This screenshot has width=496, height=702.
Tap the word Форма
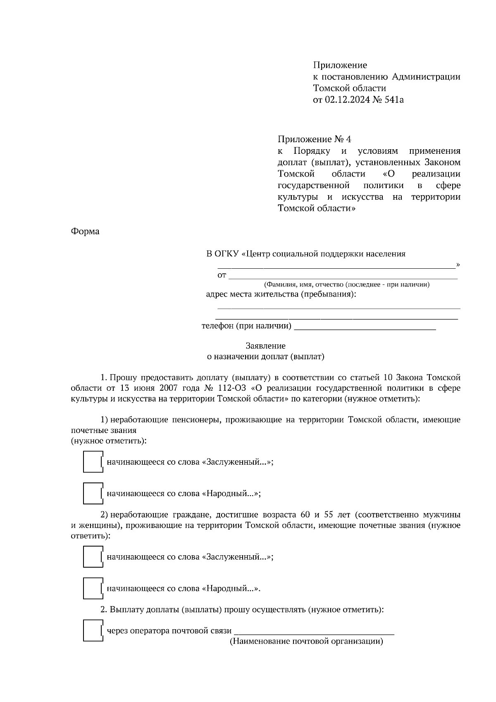click(85, 232)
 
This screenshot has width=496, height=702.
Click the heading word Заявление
click(265, 346)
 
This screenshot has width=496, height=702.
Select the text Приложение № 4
click(314, 139)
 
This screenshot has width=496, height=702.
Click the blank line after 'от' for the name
click(343, 275)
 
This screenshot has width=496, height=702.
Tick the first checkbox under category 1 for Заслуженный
click(93, 462)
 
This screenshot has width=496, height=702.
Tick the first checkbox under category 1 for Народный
click(93, 493)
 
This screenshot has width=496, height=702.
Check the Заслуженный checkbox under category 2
click(93, 557)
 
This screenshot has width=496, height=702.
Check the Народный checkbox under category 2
click(93, 588)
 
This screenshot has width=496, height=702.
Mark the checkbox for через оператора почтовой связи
click(93, 631)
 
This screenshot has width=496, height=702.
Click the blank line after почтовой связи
click(314, 631)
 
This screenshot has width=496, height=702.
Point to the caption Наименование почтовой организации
click(306, 642)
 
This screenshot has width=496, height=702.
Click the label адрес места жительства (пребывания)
click(281, 294)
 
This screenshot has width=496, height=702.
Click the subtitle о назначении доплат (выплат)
click(265, 356)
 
